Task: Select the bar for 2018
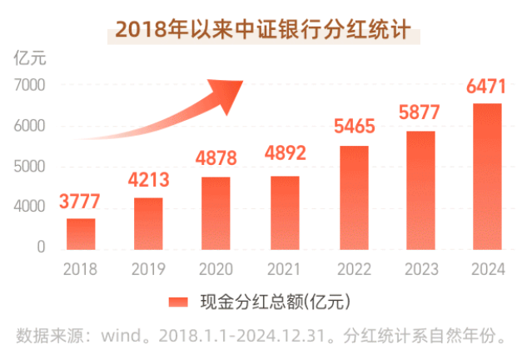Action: point(81,233)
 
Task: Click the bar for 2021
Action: point(285,212)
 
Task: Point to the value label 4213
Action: point(148,180)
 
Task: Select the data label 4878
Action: point(216,158)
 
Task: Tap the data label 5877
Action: point(421,112)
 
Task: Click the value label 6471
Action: point(487,86)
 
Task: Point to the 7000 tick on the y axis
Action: point(29,85)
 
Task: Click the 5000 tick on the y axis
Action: point(29,166)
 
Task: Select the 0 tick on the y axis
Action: point(40,247)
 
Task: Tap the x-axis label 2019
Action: point(148,269)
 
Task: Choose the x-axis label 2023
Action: point(420,269)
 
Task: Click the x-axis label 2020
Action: point(216,269)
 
